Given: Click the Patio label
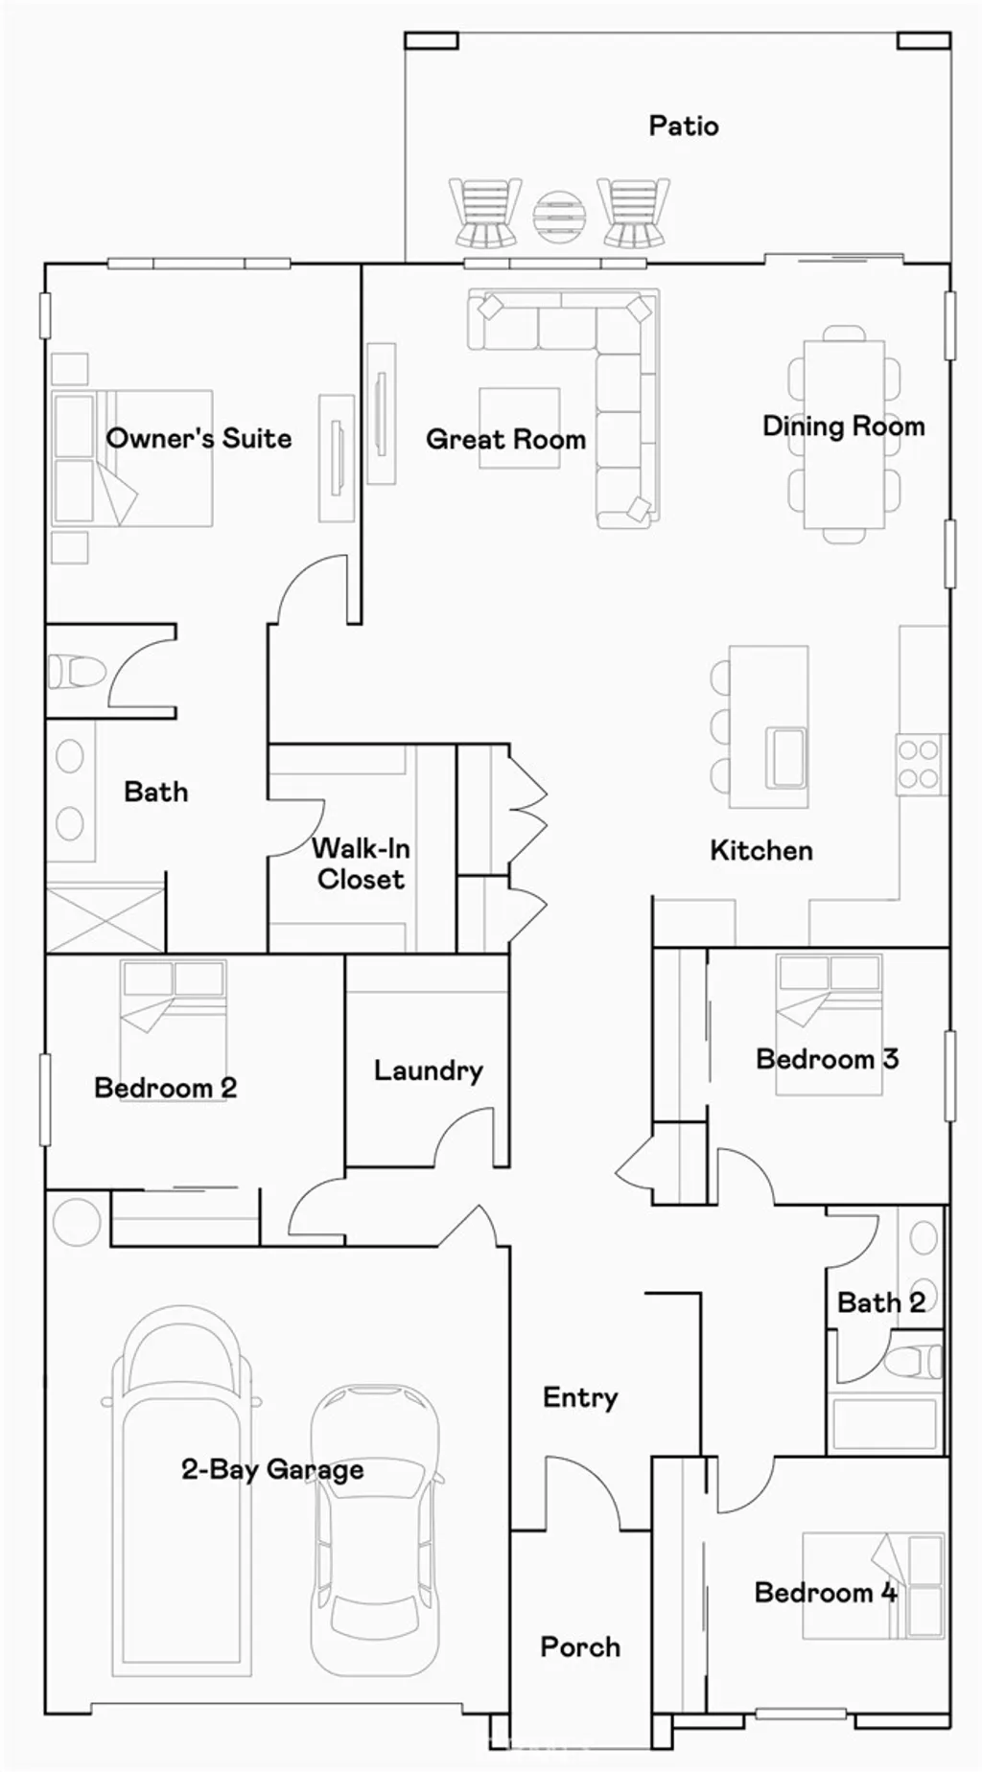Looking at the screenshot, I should (x=683, y=126).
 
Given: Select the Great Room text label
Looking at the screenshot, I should (x=505, y=439).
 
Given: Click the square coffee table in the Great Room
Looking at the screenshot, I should (x=519, y=427).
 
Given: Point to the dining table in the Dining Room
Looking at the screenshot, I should (x=843, y=433).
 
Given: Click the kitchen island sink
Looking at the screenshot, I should (x=784, y=757).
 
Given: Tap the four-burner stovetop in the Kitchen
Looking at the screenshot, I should (x=918, y=764).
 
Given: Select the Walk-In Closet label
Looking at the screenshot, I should (x=361, y=863).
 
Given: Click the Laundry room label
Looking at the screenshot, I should (x=428, y=1070).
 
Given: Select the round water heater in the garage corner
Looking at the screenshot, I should (x=76, y=1221).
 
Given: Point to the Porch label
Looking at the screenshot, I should (x=579, y=1646).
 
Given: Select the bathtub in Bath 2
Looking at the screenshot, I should (x=883, y=1424).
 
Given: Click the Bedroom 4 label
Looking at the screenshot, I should (x=825, y=1592).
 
